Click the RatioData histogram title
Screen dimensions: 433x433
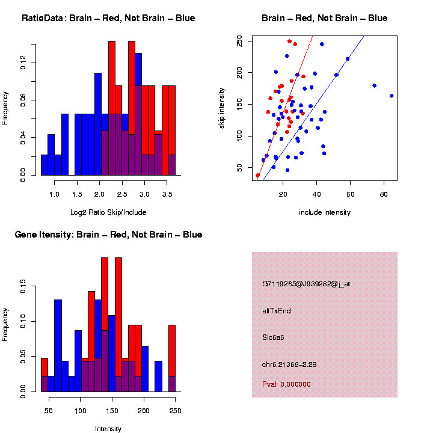[108, 18]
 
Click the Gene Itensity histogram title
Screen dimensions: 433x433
[108, 234]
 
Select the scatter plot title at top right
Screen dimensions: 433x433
[324, 18]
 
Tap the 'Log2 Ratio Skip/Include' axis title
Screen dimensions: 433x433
[108, 212]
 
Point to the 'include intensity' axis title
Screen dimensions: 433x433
[324, 212]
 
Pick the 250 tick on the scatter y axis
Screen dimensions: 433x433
[240, 41]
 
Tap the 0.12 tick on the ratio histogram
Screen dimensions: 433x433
[23, 63]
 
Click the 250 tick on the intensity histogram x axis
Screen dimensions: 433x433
[175, 411]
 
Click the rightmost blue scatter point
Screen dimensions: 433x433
[392, 96]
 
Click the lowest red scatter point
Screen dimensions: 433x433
[258, 175]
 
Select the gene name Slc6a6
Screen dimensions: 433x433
[273, 337]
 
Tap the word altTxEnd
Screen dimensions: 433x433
[277, 311]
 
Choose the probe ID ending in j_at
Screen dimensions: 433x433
[306, 283]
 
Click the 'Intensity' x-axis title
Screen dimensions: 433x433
[108, 429]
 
